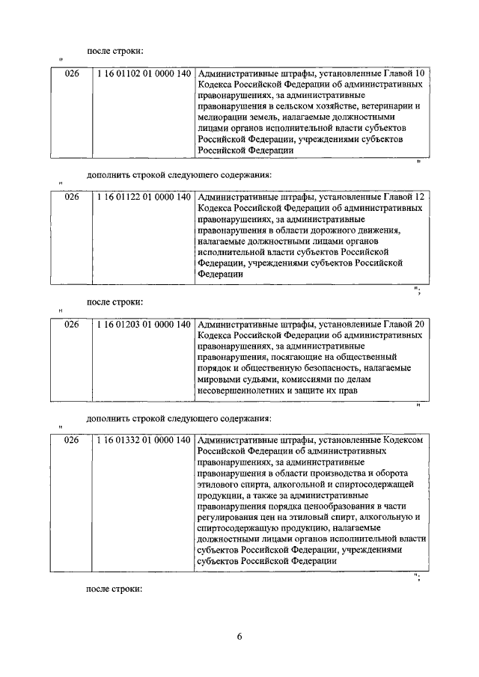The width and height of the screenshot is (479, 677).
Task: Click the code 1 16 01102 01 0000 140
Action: click(142, 74)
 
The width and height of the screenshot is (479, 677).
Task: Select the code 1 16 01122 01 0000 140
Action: click(142, 197)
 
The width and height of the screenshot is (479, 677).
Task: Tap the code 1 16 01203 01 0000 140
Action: click(142, 323)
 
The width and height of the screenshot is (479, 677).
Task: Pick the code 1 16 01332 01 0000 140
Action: click(142, 440)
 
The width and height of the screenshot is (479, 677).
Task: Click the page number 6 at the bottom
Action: click(239, 637)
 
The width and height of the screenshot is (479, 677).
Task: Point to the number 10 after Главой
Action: click(420, 74)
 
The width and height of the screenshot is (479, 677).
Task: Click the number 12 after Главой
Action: click(420, 197)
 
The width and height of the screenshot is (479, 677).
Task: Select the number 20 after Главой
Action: click(420, 323)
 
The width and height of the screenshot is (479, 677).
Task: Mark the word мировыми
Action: click(219, 379)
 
